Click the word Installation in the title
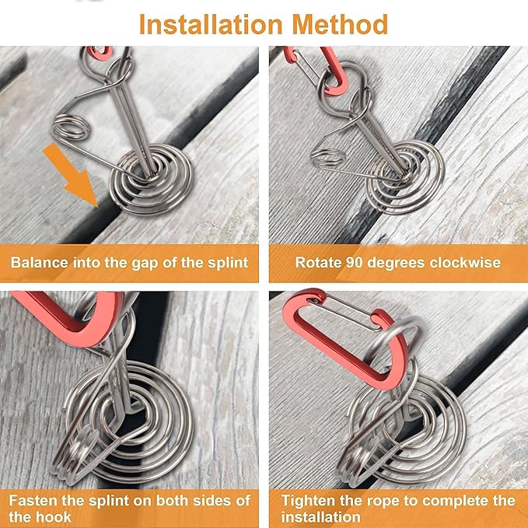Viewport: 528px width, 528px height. click(211, 24)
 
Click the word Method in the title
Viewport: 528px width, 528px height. click(340, 24)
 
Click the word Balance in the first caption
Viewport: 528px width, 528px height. click(40, 262)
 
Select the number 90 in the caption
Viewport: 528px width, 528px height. click(355, 262)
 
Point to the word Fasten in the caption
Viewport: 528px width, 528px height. click(33, 500)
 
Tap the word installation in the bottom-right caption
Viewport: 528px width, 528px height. click(320, 516)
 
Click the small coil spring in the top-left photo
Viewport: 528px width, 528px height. click(72, 128)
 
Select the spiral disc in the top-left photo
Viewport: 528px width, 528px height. click(151, 179)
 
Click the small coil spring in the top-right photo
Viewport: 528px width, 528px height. click(327, 157)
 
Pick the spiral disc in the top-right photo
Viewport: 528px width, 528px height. click(405, 177)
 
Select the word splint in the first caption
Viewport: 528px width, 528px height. click(228, 262)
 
